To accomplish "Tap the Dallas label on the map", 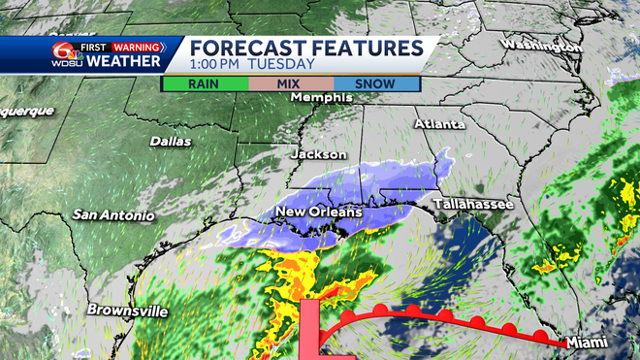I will (x=171, y=142).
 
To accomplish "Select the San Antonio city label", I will (x=113, y=214).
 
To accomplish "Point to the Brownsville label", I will (x=127, y=311).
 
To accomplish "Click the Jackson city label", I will (x=319, y=154).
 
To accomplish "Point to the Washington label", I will (x=542, y=46).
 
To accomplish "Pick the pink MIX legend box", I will (x=289, y=83).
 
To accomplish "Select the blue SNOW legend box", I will (x=375, y=83).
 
